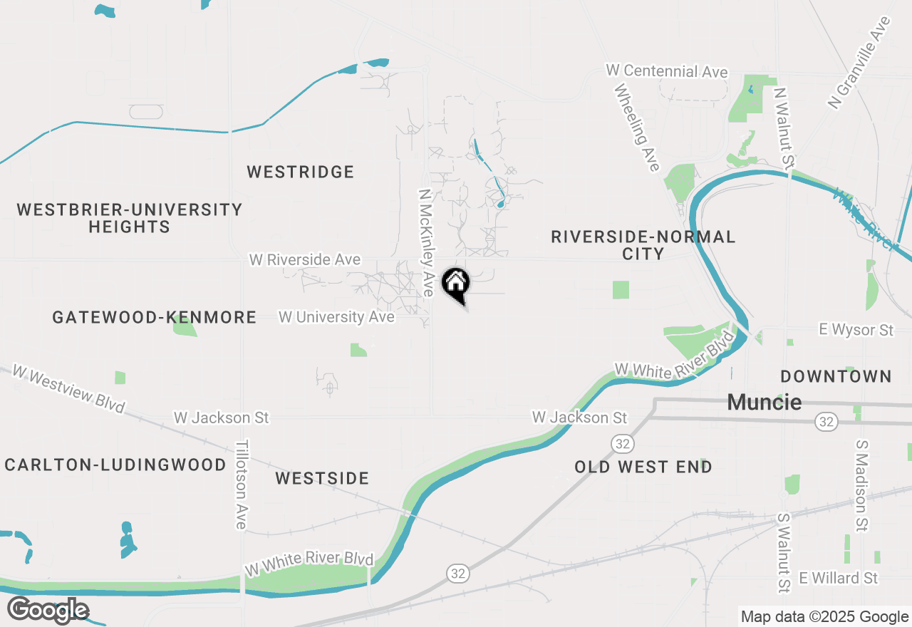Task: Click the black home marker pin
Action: pyautogui.click(x=456, y=285)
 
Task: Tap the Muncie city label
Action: pyautogui.click(x=764, y=403)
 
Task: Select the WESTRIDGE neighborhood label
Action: pyautogui.click(x=300, y=172)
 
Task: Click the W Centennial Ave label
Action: pyautogui.click(x=667, y=71)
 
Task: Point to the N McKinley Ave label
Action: pyautogui.click(x=427, y=242)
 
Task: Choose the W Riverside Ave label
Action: pyautogui.click(x=304, y=260)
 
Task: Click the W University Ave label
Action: pyautogui.click(x=336, y=317)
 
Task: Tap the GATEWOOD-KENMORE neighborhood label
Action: pyautogui.click(x=155, y=318)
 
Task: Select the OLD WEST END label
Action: pyautogui.click(x=643, y=467)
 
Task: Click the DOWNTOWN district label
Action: pyautogui.click(x=836, y=376)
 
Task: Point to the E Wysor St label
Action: pyautogui.click(x=856, y=330)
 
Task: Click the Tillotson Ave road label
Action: pyautogui.click(x=242, y=484)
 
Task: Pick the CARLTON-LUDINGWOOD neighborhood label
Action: pyautogui.click(x=115, y=465)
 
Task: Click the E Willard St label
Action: pyautogui.click(x=839, y=578)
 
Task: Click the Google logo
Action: pyautogui.click(x=48, y=611)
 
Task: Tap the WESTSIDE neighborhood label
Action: pyautogui.click(x=322, y=479)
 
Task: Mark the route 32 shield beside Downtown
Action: pyautogui.click(x=826, y=423)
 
